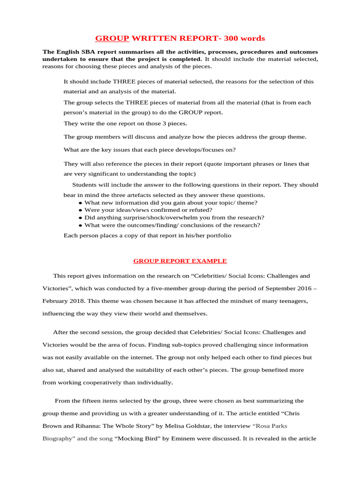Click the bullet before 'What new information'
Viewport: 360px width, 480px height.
[x=81, y=203]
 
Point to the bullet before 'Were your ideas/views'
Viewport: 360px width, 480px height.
[x=81, y=210]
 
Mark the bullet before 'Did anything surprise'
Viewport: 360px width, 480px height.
[x=81, y=218]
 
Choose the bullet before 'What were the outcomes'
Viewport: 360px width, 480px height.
[x=81, y=225]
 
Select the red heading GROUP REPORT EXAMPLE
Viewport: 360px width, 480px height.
[x=180, y=261]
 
